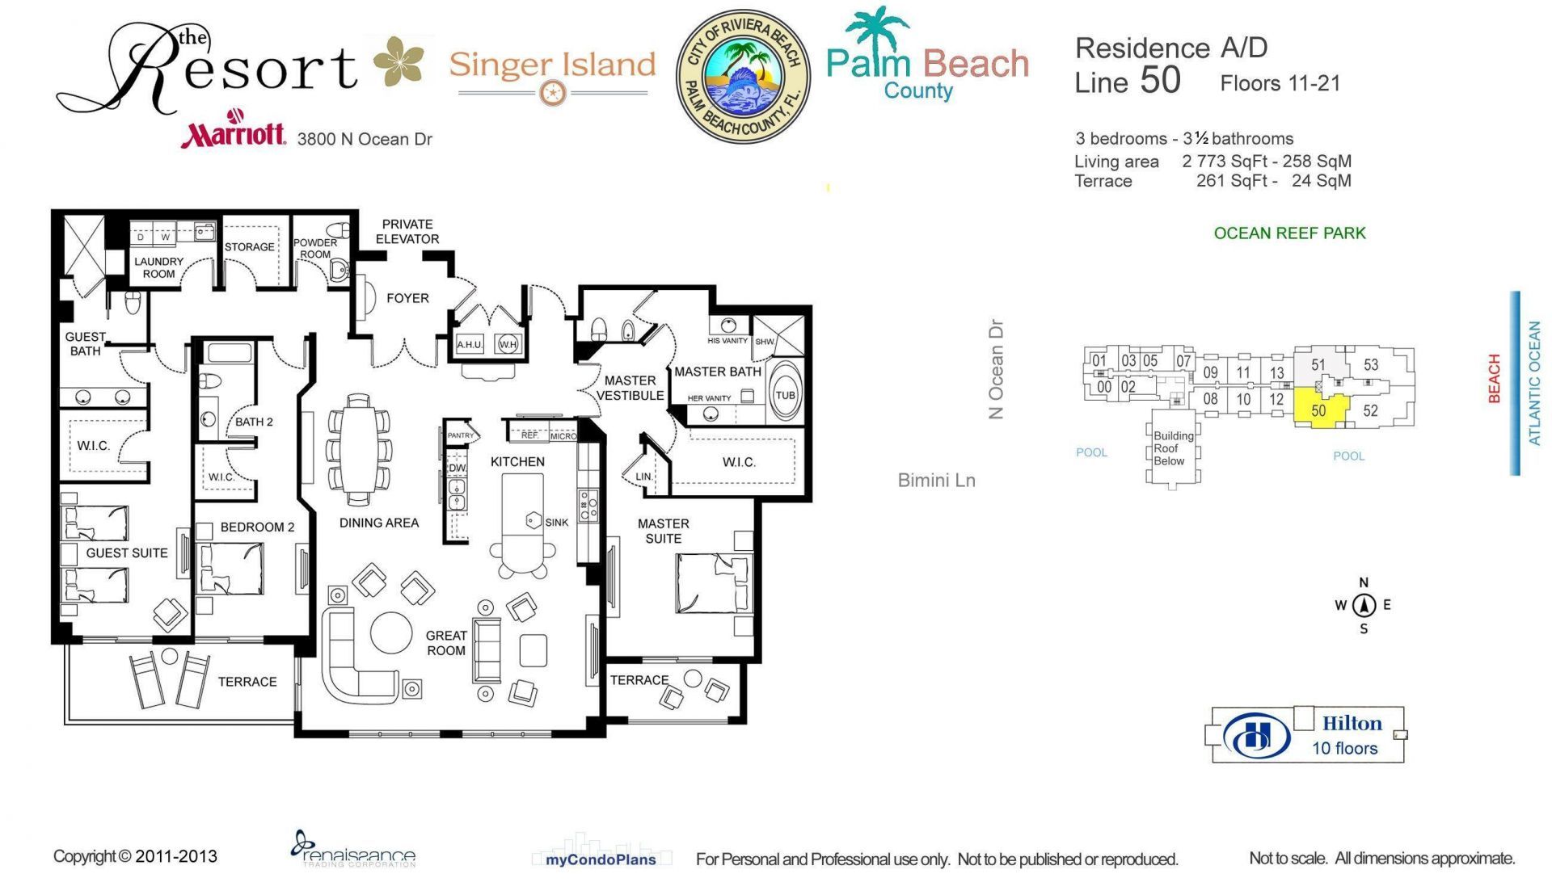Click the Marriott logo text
pyautogui.click(x=233, y=133)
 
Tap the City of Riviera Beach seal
pyautogui.click(x=742, y=77)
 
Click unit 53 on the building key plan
pyautogui.click(x=1371, y=364)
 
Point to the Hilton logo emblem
pyautogui.click(x=1256, y=736)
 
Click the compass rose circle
pyautogui.click(x=1364, y=605)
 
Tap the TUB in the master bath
pyautogui.click(x=784, y=394)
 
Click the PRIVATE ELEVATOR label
pyautogui.click(x=407, y=232)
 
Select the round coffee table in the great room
pyautogui.click(x=391, y=632)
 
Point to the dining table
pyautogui.click(x=357, y=449)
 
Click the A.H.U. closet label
pyautogui.click(x=470, y=345)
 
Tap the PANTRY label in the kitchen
pyautogui.click(x=461, y=435)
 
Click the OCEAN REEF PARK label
pyautogui.click(x=1289, y=233)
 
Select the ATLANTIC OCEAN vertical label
pyautogui.click(x=1533, y=383)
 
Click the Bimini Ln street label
pyautogui.click(x=936, y=481)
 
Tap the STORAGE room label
pyautogui.click(x=249, y=247)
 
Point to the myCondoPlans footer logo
pyautogui.click(x=600, y=859)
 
